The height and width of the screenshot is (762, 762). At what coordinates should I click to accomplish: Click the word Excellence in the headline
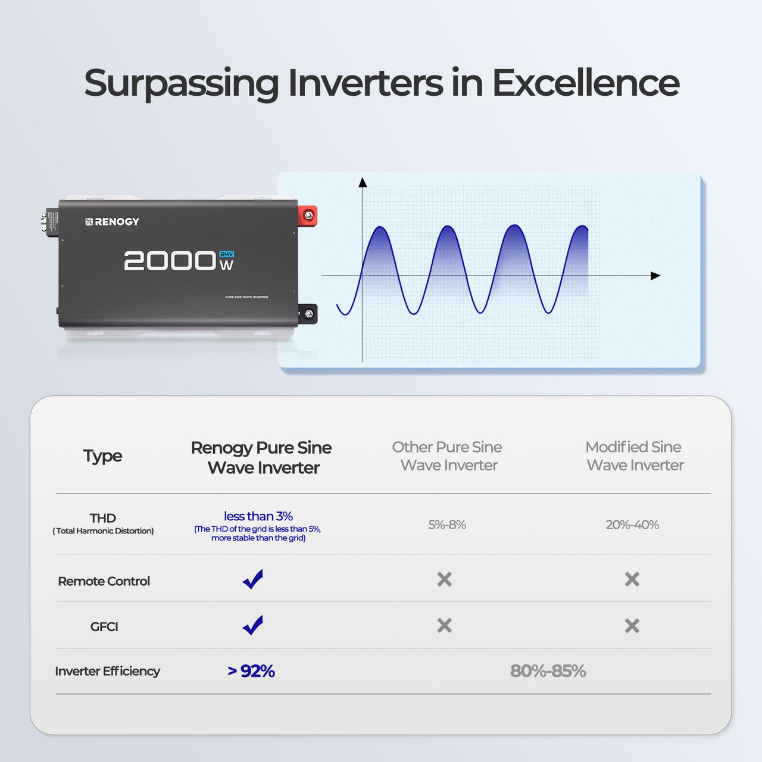tap(585, 83)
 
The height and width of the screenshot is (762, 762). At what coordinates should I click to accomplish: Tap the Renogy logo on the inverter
tap(113, 221)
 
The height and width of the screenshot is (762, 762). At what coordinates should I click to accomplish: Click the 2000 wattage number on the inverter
tap(170, 261)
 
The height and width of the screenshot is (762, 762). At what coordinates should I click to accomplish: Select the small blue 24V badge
tap(227, 254)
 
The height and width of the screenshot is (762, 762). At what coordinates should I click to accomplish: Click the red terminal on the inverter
tap(308, 215)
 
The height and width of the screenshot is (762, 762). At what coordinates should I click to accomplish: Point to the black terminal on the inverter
tap(308, 313)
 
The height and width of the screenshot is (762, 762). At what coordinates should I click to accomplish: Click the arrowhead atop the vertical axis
tap(363, 182)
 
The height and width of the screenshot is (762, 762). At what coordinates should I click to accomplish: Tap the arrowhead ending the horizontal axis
tap(655, 276)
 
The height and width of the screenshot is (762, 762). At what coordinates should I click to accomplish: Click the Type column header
tap(102, 456)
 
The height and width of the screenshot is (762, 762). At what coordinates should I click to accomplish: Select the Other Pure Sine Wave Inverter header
tap(447, 456)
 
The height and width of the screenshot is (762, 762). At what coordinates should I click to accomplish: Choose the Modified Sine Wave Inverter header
tap(634, 456)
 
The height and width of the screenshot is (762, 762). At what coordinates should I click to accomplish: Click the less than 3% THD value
tap(258, 516)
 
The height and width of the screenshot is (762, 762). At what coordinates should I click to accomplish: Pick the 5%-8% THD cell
tap(447, 524)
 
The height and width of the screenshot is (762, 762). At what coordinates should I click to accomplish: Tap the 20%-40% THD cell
tap(632, 524)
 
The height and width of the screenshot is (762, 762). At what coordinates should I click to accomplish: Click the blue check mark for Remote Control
tap(253, 579)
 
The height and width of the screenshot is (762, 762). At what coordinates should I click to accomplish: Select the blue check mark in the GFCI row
tap(253, 625)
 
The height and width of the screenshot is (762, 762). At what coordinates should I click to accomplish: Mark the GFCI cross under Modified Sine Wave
tap(632, 626)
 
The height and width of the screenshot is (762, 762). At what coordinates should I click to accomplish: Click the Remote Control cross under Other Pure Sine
tap(445, 579)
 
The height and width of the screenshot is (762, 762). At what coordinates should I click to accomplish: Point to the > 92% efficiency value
tap(251, 671)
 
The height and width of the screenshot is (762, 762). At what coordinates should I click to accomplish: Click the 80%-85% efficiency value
tap(548, 671)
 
